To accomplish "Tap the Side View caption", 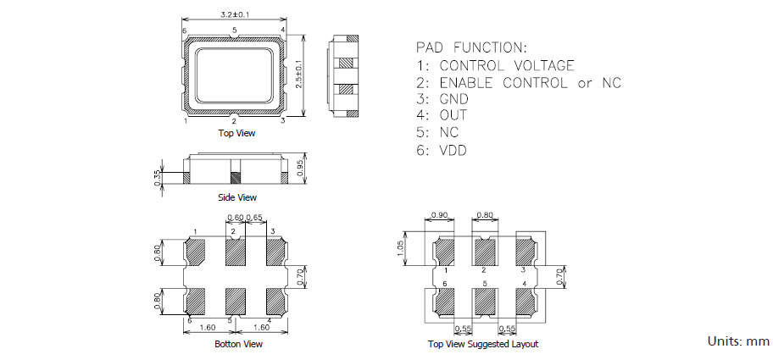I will pyautogui.click(x=236, y=197).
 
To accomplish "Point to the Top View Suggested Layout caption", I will pyautogui.click(x=483, y=344).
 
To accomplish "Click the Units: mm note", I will pyautogui.click(x=738, y=341).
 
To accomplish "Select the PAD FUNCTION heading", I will pyautogui.click(x=471, y=46).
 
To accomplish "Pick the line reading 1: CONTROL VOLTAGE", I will pyautogui.click(x=495, y=65).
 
